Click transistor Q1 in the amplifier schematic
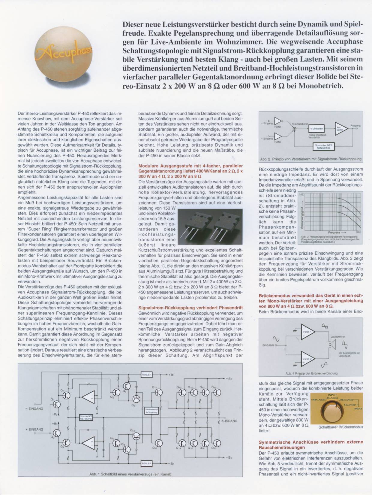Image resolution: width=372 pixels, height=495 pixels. (57, 404)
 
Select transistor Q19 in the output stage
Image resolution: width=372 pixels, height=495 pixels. (217, 393)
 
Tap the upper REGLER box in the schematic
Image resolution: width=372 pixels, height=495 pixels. (147, 375)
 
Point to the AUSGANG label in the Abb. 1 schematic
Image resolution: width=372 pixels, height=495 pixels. (229, 421)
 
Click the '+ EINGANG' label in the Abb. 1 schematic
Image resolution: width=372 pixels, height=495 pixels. (34, 429)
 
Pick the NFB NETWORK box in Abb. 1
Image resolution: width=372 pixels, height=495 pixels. (86, 418)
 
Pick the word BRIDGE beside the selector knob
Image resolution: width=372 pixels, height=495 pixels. (358, 409)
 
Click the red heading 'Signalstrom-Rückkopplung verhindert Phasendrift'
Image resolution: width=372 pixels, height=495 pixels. (190, 308)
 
